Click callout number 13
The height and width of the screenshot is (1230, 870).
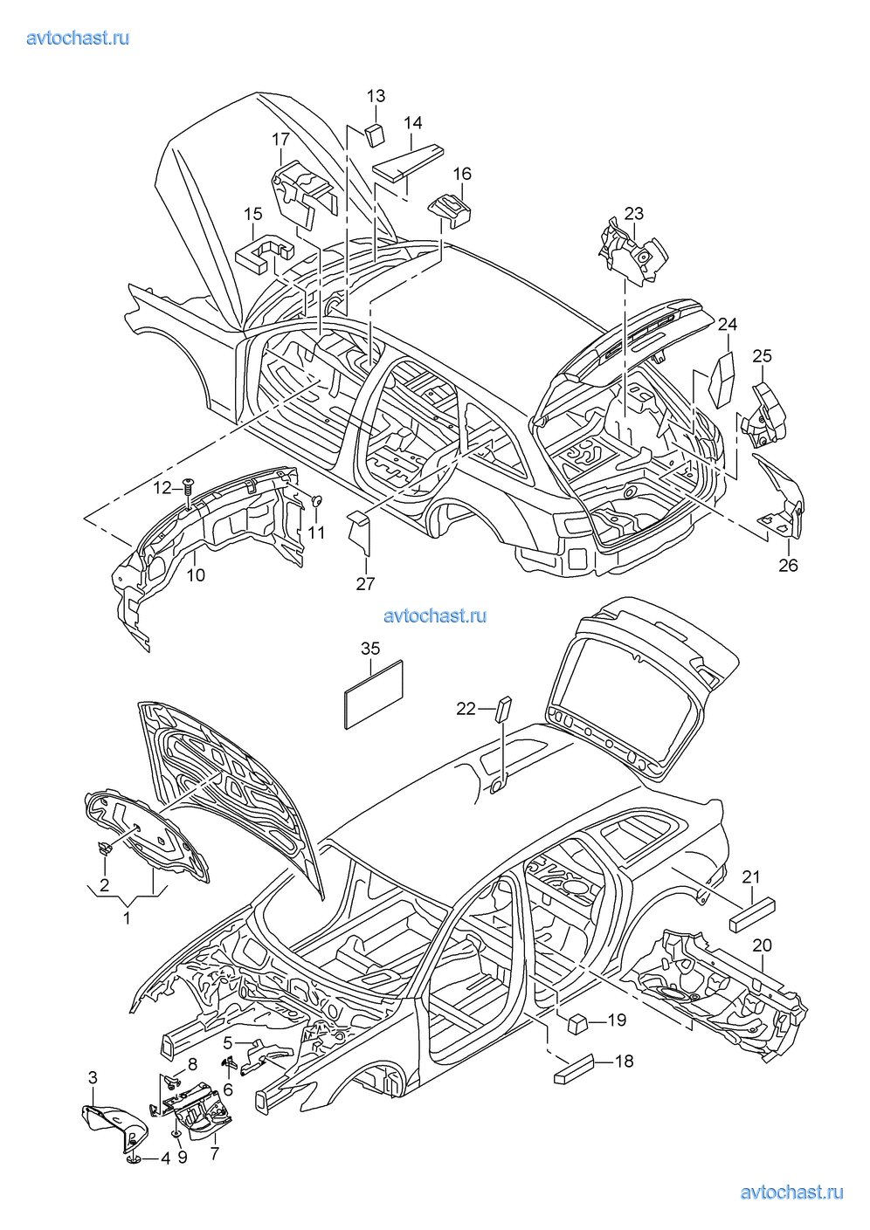pos(376,96)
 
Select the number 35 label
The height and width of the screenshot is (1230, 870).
pos(370,649)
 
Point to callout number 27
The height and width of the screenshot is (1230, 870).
pos(365,584)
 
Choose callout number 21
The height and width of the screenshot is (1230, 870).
pos(751,877)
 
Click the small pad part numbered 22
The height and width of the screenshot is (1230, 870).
pos(505,709)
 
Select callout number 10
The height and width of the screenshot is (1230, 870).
pos(196,575)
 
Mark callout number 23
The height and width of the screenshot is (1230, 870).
pos(633,213)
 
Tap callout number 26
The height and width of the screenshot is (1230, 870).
pos(788,566)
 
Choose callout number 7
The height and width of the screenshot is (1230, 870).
pos(214,1153)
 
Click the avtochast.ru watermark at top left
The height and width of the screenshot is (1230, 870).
pos(78,38)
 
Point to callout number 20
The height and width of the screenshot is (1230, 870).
pos(762,945)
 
